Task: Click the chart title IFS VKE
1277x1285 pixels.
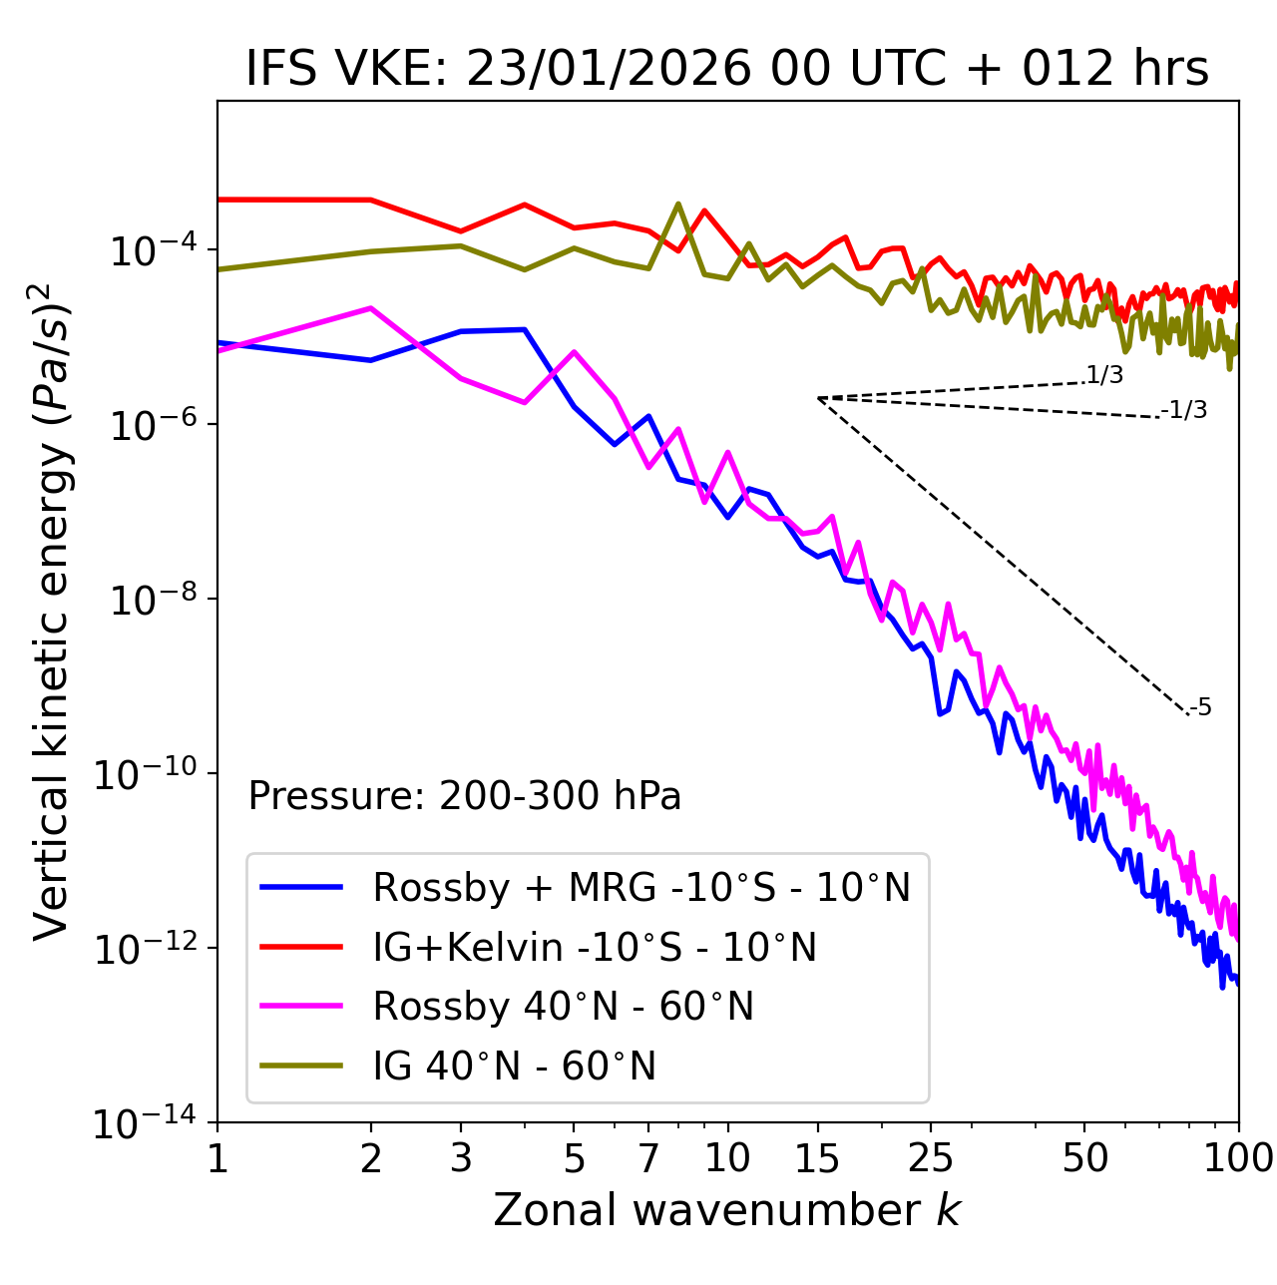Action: coord(727,70)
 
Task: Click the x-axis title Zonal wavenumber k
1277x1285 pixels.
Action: coord(727,1209)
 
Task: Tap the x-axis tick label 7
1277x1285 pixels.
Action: coord(648,1158)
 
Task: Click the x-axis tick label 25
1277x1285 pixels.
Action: coord(930,1158)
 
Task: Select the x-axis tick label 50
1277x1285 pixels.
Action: coord(1085,1158)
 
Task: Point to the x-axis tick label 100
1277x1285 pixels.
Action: coord(1237,1158)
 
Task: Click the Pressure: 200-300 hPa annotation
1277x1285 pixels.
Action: coord(465,796)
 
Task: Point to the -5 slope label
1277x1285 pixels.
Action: coord(1201,708)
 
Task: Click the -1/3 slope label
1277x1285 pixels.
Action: coord(1185,410)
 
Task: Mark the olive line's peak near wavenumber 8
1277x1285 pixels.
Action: coord(678,204)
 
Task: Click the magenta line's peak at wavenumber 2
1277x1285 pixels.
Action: coord(371,308)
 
